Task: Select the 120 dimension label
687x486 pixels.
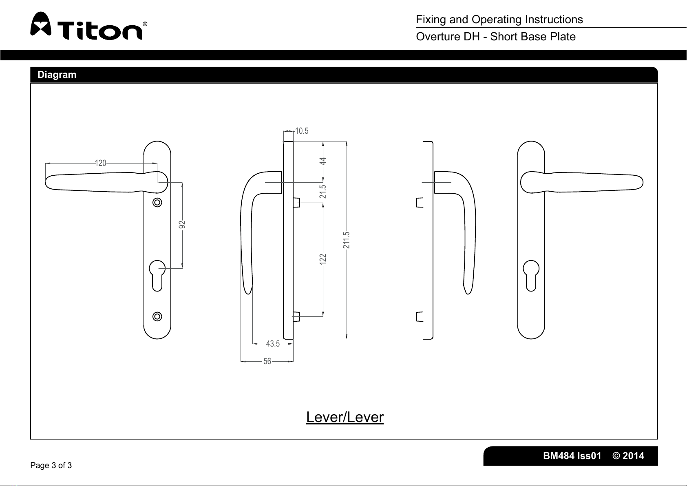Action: click(100, 163)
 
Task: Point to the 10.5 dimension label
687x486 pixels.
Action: click(302, 131)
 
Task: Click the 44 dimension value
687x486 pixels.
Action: click(323, 161)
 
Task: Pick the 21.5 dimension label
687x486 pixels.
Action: click(323, 192)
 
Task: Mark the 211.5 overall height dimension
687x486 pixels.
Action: click(347, 241)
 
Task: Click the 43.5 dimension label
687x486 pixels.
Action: click(273, 344)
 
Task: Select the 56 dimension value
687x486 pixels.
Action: click(267, 361)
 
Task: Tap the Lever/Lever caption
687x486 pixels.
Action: click(345, 417)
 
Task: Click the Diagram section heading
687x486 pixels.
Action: click(57, 75)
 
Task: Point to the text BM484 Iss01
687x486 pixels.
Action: click(572, 456)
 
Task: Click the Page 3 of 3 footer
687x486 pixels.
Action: click(51, 465)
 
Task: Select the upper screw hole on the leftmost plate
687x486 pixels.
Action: click(157, 202)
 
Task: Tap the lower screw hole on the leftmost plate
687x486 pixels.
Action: click(157, 316)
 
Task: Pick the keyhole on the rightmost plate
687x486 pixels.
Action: click(531, 274)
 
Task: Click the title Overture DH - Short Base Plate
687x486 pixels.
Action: click(495, 37)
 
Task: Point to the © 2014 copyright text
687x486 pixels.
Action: click(628, 456)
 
